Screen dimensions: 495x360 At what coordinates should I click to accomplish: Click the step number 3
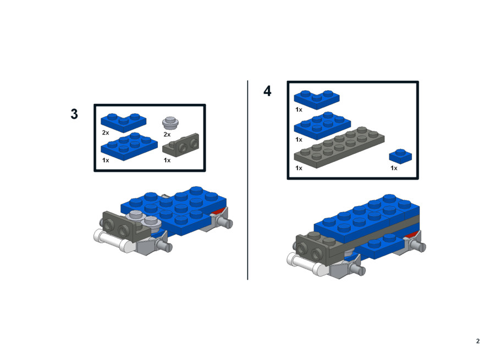click(x=74, y=114)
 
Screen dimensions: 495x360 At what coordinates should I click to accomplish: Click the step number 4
click(x=267, y=91)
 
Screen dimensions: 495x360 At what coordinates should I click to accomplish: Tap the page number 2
click(x=478, y=341)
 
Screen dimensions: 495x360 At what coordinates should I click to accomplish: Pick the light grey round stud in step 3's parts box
click(x=170, y=123)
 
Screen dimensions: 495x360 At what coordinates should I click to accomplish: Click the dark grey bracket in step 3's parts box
click(x=181, y=146)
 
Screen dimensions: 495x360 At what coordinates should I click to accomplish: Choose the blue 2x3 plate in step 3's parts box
click(x=129, y=147)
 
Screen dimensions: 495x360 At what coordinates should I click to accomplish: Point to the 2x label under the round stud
click(x=167, y=135)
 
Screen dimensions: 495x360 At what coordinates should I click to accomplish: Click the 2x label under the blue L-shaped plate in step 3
click(x=106, y=132)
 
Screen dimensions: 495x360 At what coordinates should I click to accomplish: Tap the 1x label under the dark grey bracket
click(x=167, y=160)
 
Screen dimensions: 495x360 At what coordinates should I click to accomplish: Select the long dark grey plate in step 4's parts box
click(x=339, y=147)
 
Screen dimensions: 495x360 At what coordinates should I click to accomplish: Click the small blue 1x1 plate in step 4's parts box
click(x=400, y=156)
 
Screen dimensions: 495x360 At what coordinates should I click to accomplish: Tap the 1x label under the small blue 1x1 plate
click(x=394, y=168)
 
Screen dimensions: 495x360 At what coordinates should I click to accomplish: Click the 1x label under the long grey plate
click(x=299, y=168)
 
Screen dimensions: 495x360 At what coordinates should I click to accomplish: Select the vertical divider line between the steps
click(x=248, y=180)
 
